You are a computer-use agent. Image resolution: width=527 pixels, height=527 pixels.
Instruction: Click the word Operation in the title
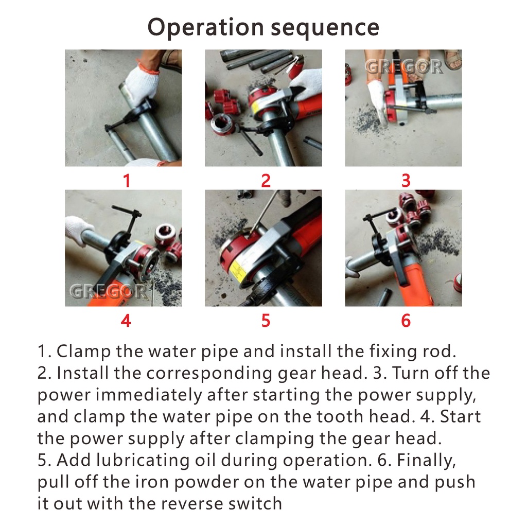pos(206,28)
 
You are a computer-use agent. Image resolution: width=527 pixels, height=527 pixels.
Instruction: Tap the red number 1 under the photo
pos(127,181)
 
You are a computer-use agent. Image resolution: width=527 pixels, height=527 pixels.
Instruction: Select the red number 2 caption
pos(266,181)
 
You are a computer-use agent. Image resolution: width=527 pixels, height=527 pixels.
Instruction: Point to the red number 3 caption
pos(406,181)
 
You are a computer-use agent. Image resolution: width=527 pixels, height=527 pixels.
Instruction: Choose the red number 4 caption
pos(126,321)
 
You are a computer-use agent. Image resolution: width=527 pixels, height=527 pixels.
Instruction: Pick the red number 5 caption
pos(266,321)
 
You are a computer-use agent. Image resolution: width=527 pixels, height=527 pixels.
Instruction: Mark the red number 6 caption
pos(406,321)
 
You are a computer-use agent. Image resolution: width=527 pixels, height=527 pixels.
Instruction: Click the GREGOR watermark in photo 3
pos(403,66)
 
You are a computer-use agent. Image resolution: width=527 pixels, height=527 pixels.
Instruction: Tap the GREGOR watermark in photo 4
pos(109,291)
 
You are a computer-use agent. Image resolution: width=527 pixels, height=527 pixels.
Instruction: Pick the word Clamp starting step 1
pos(84,352)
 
